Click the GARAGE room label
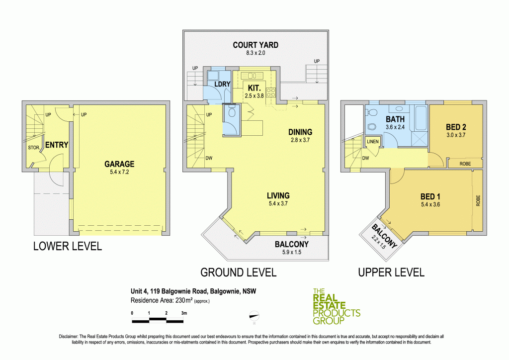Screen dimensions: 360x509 [119, 164]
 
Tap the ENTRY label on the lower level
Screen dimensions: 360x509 [56, 145]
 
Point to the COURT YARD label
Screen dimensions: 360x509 [255, 45]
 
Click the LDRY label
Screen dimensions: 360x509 [222, 84]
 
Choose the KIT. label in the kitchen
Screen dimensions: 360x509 [251, 88]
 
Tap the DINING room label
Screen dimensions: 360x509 [300, 132]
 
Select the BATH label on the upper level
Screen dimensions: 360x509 [394, 119]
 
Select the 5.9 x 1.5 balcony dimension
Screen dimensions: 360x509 [292, 252]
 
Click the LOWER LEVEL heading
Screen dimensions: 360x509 [67, 246]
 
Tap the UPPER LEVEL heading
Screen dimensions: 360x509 [391, 272]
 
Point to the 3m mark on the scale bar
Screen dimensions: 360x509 [184, 313]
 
